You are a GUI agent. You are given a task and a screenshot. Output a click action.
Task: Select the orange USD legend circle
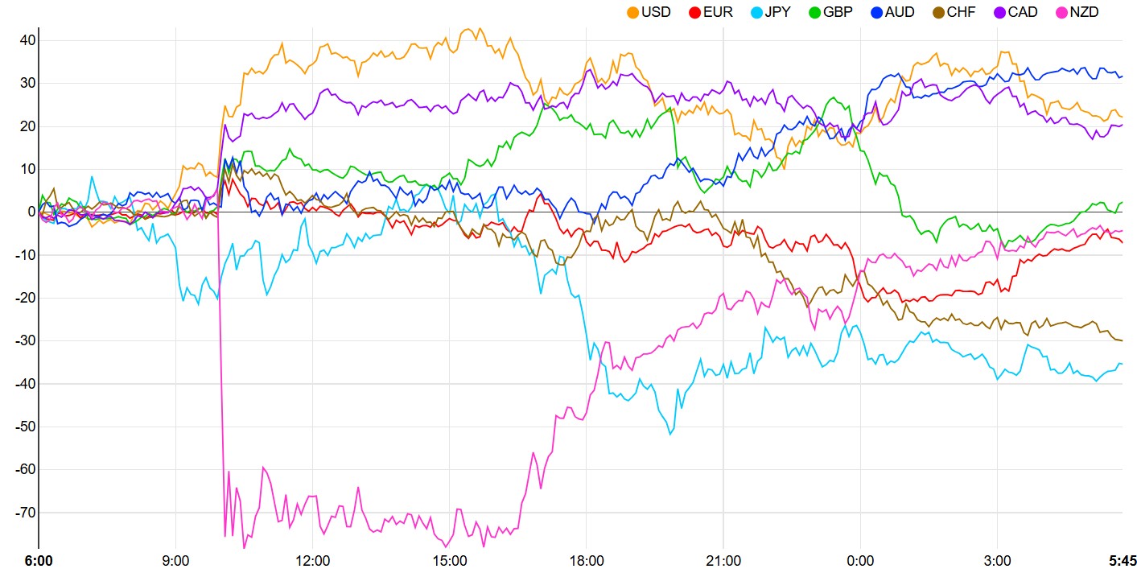[x=633, y=12]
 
